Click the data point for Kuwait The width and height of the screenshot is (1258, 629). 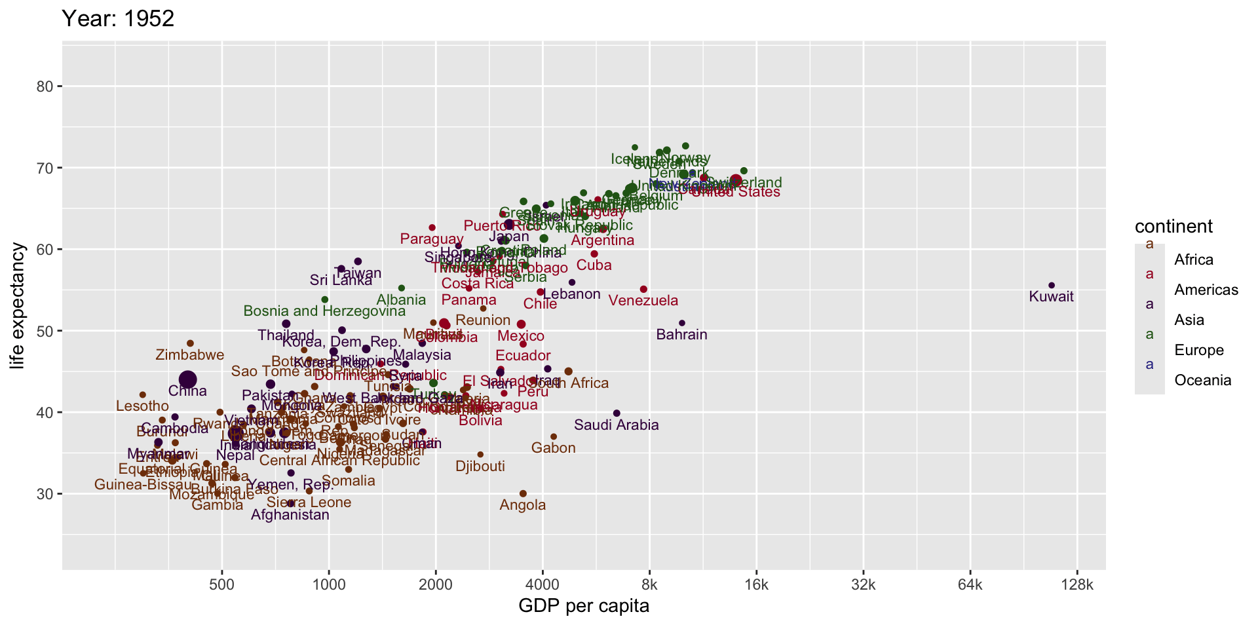pyautogui.click(x=1052, y=285)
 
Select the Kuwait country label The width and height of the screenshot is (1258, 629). pyautogui.click(x=1052, y=297)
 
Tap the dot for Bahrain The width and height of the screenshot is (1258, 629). pyautogui.click(x=682, y=323)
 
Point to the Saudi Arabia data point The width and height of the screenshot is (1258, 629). pyautogui.click(x=617, y=413)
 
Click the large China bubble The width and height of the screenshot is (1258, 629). pyautogui.click(x=188, y=379)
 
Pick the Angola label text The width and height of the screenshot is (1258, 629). pyautogui.click(x=523, y=505)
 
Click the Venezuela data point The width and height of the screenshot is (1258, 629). pyautogui.click(x=643, y=289)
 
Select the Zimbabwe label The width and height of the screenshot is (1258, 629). pyautogui.click(x=190, y=355)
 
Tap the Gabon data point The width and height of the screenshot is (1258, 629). pyautogui.click(x=554, y=436)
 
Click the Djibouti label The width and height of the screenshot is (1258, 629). pyautogui.click(x=480, y=467)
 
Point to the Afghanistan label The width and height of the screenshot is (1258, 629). pyautogui.click(x=290, y=515)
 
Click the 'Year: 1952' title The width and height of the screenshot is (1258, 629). pyautogui.click(x=118, y=18)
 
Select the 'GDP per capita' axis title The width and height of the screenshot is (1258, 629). pyautogui.click(x=584, y=606)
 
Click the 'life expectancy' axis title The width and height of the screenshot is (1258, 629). pyautogui.click(x=18, y=306)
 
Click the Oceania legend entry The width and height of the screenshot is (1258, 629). pyautogui.click(x=1202, y=380)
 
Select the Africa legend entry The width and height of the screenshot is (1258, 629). pyautogui.click(x=1194, y=259)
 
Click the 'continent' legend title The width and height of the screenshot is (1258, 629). pyautogui.click(x=1173, y=227)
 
